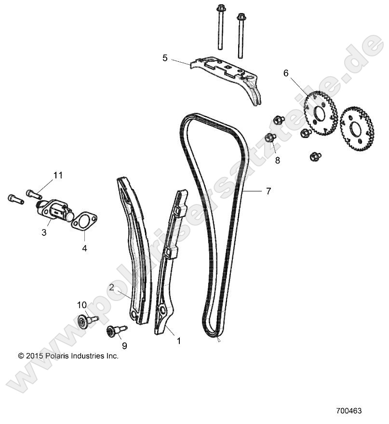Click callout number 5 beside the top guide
(165, 58)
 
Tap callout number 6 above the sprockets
(286, 73)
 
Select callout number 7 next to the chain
(268, 191)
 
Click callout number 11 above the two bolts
(58, 175)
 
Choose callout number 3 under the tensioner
(44, 233)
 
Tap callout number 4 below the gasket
(84, 249)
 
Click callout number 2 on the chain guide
(112, 287)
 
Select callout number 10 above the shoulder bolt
(82, 304)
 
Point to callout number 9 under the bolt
(124, 346)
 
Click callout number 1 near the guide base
(178, 341)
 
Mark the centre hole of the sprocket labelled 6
(319, 114)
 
